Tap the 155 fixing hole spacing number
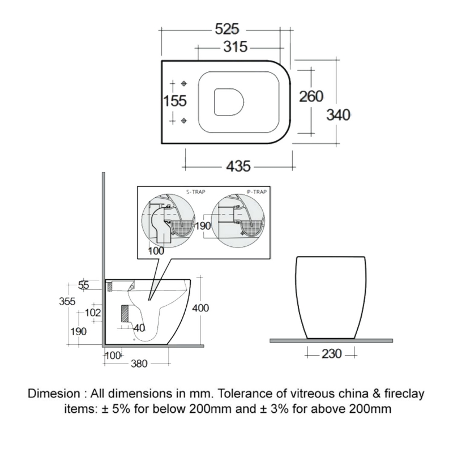175,101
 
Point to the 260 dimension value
311,96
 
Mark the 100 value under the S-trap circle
157,250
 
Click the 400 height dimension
201,308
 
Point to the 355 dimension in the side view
68,301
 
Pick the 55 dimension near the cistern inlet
84,285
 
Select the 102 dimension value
92,311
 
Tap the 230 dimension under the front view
331,354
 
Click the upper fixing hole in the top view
184,83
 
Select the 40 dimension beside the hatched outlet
139,327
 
